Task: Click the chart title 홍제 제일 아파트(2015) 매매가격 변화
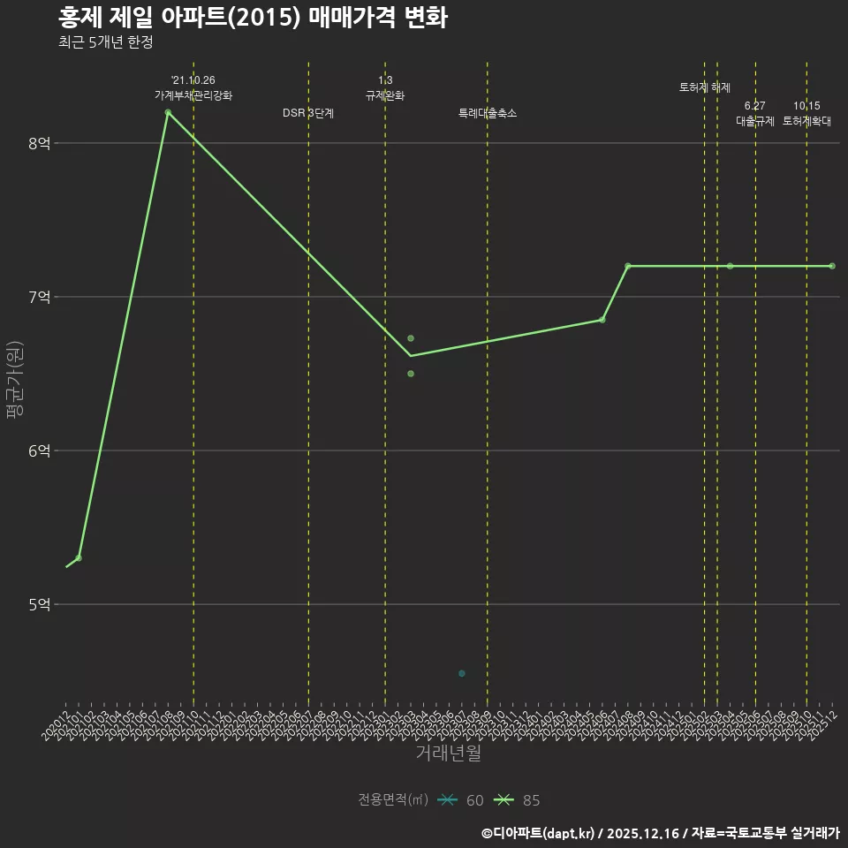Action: point(253,18)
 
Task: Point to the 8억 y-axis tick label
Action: point(39,143)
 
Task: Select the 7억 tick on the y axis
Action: point(39,297)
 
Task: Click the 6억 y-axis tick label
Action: point(39,450)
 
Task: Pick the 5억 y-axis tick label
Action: point(39,604)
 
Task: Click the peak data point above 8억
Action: point(168,112)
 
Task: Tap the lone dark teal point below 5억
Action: point(462,674)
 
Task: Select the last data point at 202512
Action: point(832,266)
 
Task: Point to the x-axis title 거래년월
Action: point(449,753)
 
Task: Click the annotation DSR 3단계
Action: point(308,113)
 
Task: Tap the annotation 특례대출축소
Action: point(488,113)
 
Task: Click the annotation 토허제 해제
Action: point(705,87)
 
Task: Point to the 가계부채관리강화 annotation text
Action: point(193,95)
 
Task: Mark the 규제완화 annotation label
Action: point(385,95)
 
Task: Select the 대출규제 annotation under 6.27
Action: point(755,121)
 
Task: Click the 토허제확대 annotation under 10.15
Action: point(806,121)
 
